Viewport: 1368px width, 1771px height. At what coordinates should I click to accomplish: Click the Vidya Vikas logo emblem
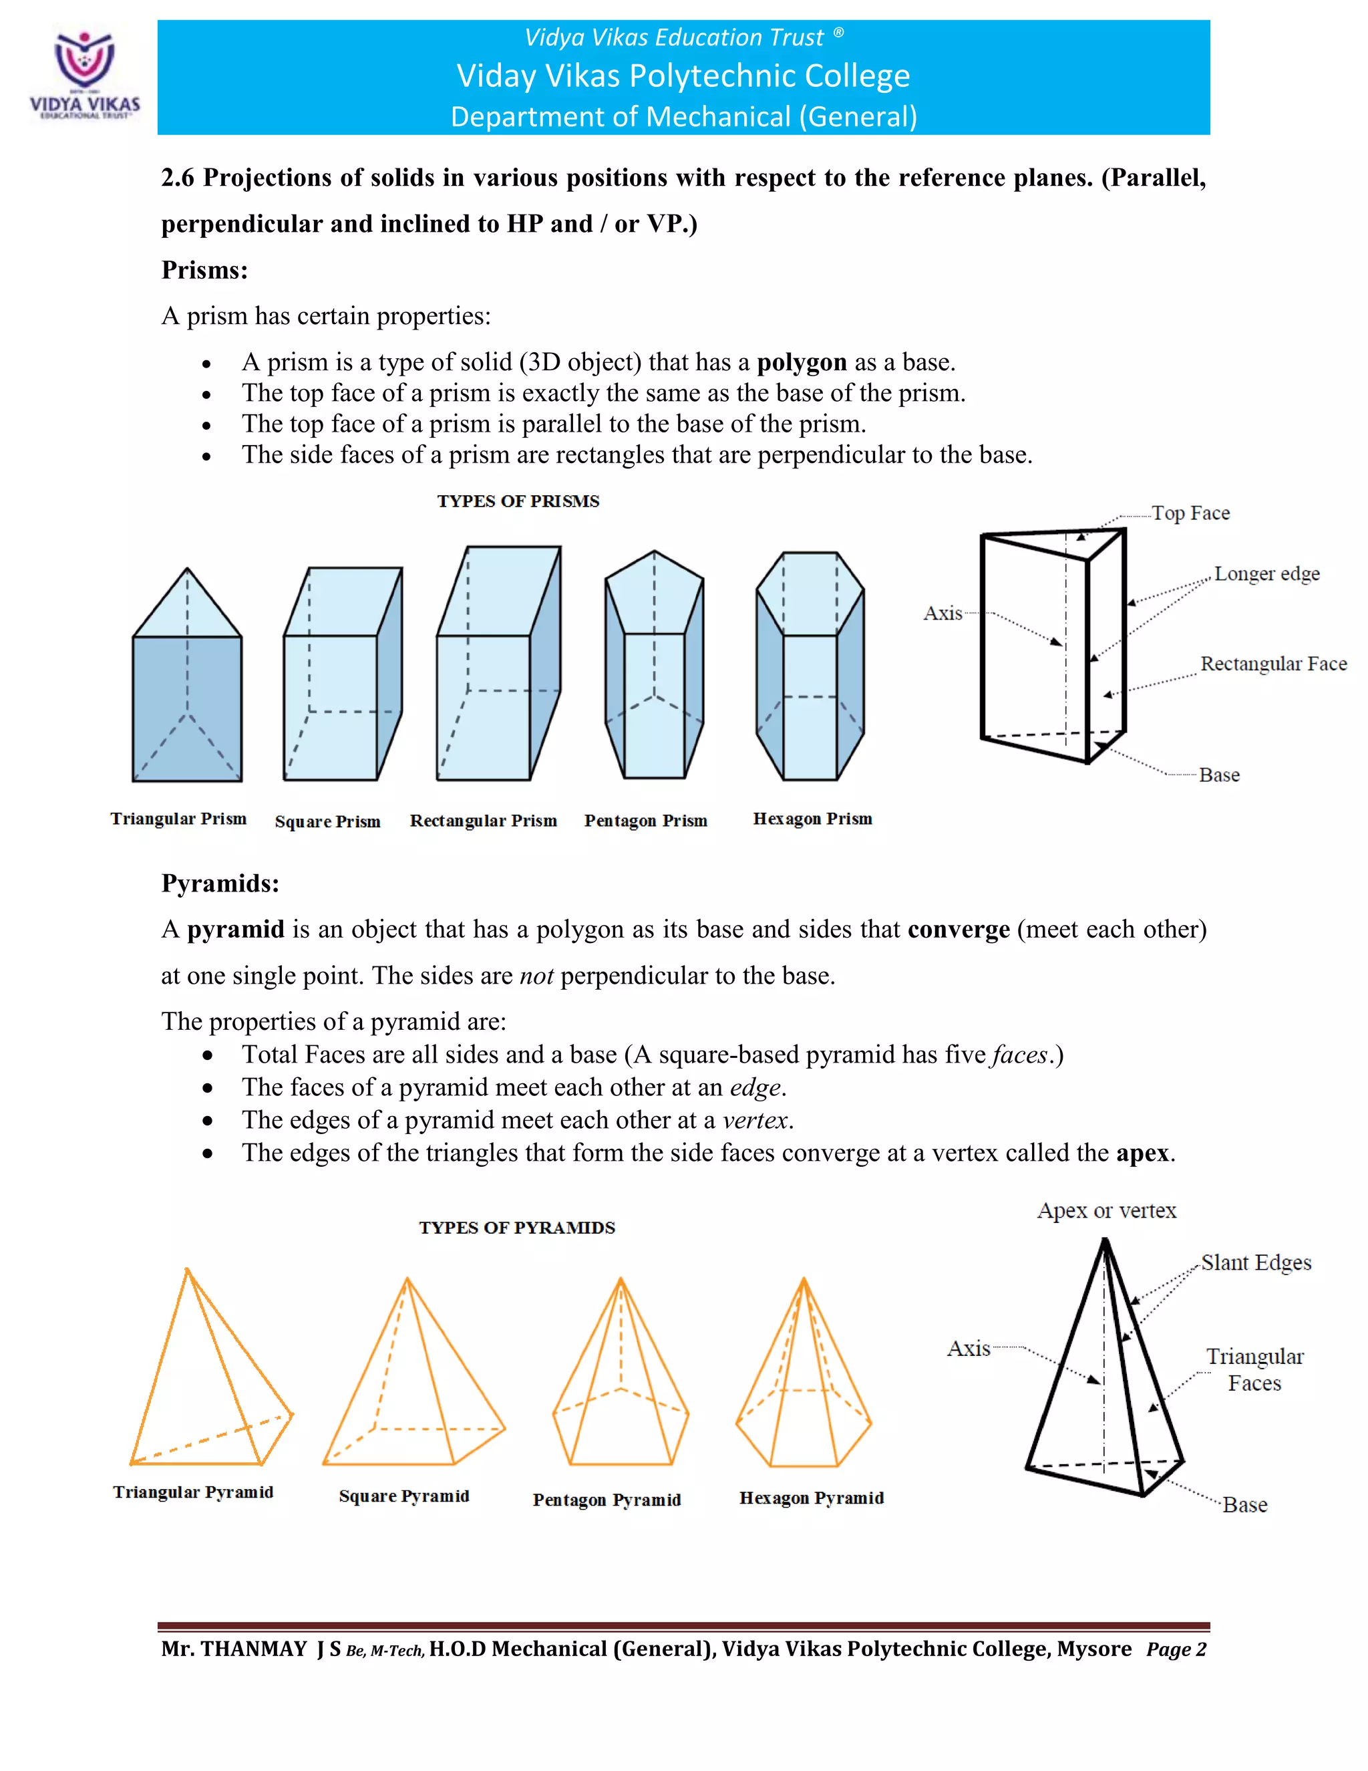click(84, 61)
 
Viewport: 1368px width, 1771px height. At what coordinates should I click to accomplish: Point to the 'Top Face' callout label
click(1190, 513)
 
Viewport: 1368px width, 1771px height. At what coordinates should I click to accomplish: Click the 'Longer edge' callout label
click(1266, 573)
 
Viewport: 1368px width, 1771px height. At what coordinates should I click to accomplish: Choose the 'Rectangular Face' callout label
click(1273, 664)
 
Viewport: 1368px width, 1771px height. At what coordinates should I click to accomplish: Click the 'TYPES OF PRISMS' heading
click(518, 501)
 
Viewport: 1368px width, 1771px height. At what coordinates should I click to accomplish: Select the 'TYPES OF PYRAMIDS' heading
click(516, 1228)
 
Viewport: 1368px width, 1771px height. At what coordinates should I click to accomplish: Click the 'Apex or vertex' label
click(1106, 1211)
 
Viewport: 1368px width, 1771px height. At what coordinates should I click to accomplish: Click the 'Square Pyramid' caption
click(403, 1496)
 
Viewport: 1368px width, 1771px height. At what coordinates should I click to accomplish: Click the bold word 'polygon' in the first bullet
click(801, 362)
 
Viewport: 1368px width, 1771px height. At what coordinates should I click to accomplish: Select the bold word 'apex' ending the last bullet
click(1142, 1152)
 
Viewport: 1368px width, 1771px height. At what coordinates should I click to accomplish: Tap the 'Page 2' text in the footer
click(1176, 1649)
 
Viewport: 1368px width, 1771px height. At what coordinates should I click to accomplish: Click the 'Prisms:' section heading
click(204, 270)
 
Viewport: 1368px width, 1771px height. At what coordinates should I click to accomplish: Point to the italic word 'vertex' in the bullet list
click(755, 1120)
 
